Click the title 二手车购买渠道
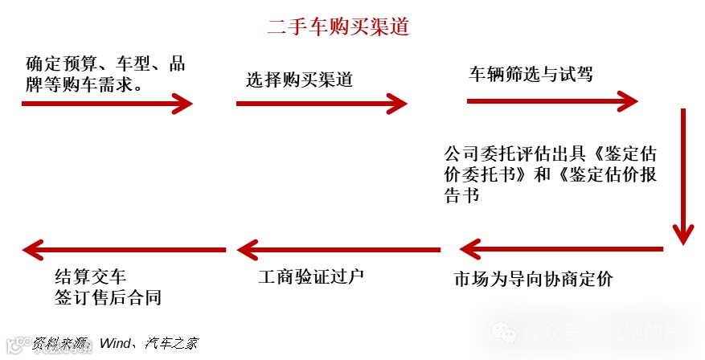coord(338,27)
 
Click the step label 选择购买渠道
coord(299,80)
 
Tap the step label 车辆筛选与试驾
coord(531,75)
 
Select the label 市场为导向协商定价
coord(533,280)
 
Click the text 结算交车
coord(90,277)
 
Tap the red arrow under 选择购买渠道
coord(322,103)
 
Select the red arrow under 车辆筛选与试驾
coord(552,101)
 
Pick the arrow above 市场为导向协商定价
coord(561,249)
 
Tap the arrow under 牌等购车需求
coord(107,103)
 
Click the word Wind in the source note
coord(116,344)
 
